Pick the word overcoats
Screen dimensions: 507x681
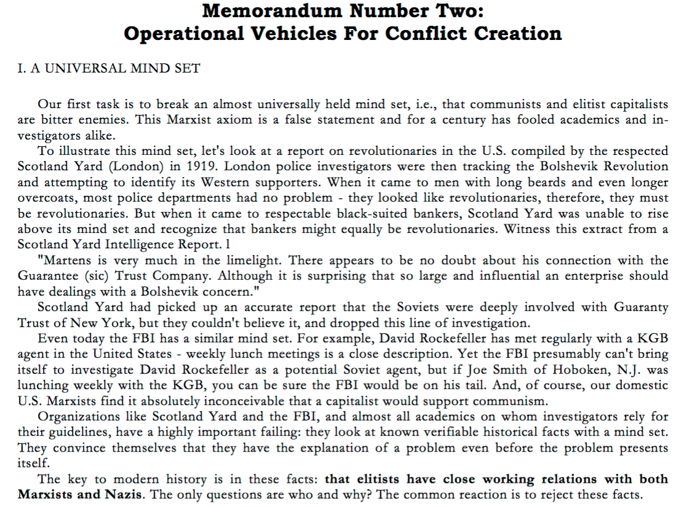[47, 198]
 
